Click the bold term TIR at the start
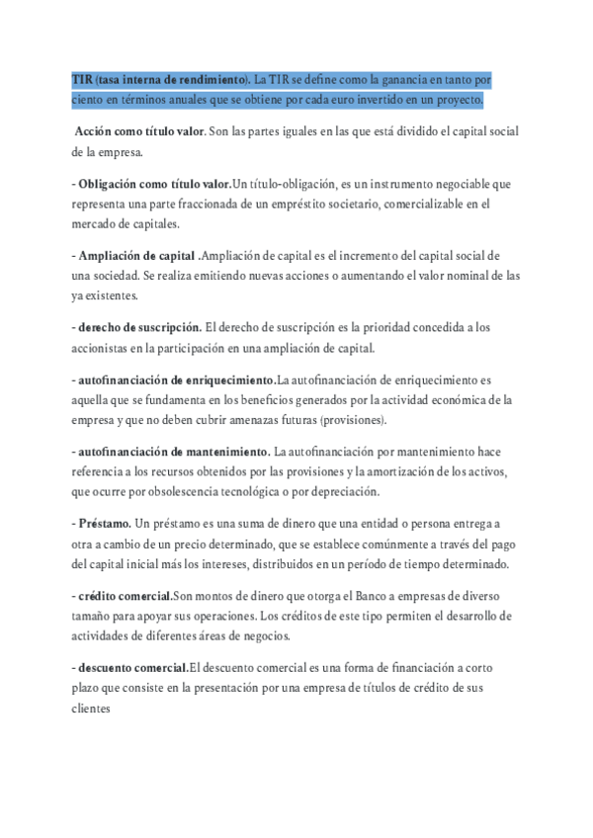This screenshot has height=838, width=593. tap(83, 79)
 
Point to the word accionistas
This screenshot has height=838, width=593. tap(105, 348)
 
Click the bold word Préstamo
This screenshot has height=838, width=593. tap(104, 524)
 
